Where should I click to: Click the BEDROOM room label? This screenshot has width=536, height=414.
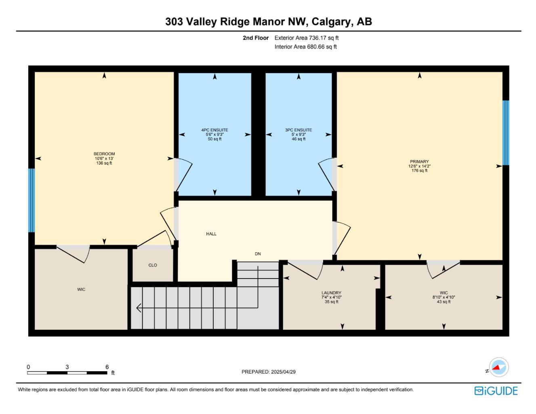click(104, 154)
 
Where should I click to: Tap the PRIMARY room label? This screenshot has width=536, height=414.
click(419, 161)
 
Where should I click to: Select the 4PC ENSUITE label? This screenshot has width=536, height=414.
click(214, 130)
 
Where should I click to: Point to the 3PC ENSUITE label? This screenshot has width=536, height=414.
click(298, 130)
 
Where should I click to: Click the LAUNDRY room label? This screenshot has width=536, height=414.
click(331, 293)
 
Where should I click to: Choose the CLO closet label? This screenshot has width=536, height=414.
click(153, 265)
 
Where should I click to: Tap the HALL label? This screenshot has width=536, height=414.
click(211, 234)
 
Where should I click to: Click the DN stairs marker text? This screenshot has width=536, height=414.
click(258, 254)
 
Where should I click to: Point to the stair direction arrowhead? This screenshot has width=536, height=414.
click(139, 308)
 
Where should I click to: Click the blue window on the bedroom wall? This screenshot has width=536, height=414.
click(32, 200)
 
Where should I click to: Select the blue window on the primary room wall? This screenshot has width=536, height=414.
click(505, 133)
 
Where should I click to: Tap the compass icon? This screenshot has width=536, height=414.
click(499, 368)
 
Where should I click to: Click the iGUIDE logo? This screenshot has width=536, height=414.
click(496, 391)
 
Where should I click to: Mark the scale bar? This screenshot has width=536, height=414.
click(67, 372)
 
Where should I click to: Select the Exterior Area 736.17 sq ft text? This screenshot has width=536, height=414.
click(306, 38)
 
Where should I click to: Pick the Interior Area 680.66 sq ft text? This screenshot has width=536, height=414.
click(305, 47)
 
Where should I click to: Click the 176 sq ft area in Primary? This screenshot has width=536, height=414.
click(419, 171)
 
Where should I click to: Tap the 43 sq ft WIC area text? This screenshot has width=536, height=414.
click(444, 302)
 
